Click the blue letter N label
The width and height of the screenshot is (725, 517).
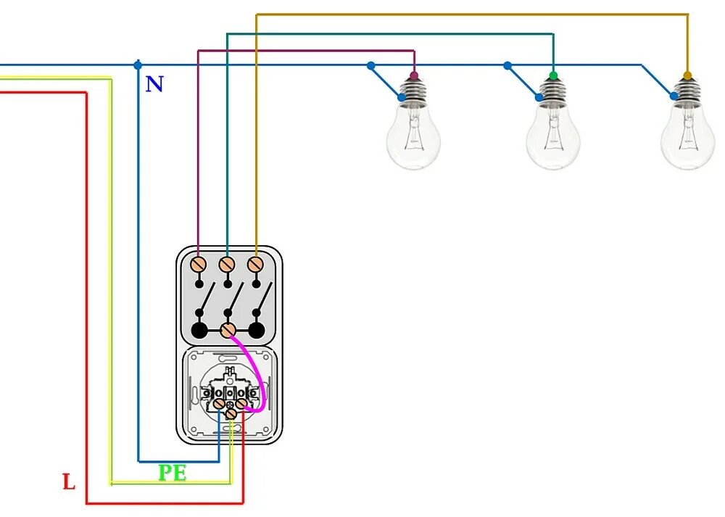pyautogui.click(x=154, y=84)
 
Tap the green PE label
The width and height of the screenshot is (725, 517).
pyautogui.click(x=173, y=473)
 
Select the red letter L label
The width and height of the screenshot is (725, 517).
pyautogui.click(x=69, y=481)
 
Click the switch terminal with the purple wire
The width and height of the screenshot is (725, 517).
pyautogui.click(x=198, y=264)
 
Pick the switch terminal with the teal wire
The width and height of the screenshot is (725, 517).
pyautogui.click(x=226, y=264)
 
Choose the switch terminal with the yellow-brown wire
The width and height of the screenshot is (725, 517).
pyautogui.click(x=254, y=264)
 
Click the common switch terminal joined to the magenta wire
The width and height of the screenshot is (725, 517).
pyautogui.click(x=227, y=330)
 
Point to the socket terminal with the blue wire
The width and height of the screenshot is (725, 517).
pyautogui.click(x=219, y=403)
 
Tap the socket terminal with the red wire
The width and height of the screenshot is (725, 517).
pyautogui.click(x=242, y=403)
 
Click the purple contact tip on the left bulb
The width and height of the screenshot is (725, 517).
pyautogui.click(x=414, y=75)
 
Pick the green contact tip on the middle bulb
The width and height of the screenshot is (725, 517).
pyautogui.click(x=554, y=75)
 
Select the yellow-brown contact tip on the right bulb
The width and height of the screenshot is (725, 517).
pyautogui.click(x=687, y=75)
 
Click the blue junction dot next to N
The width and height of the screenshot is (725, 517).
pyautogui.click(x=138, y=65)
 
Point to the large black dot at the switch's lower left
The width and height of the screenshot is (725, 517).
pyautogui.click(x=199, y=331)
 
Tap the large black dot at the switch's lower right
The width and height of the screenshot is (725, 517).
pyautogui.click(x=255, y=331)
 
